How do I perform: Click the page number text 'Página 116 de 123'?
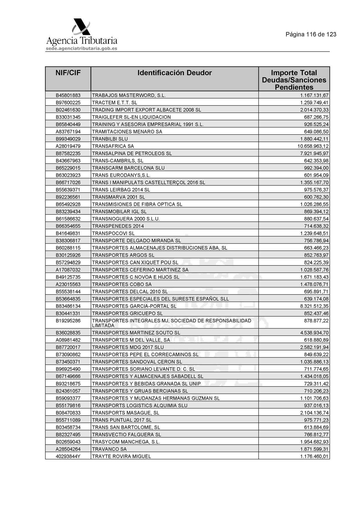coord(311,34)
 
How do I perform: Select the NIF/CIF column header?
coord(68,73)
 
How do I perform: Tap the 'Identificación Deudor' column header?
coord(174,73)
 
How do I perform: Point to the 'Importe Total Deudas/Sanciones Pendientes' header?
coord(294,80)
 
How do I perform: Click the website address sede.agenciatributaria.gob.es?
coord(82,49)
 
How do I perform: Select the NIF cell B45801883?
coord(68,95)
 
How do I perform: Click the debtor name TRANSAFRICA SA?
coord(113,146)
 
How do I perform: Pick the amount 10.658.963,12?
coord(313,146)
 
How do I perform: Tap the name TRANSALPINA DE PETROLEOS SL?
coord(132,153)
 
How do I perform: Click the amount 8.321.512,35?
coord(314,306)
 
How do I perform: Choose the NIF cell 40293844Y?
coord(68,456)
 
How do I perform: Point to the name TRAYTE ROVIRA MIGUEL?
coord(121,456)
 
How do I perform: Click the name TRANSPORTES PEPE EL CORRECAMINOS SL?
coord(145,355)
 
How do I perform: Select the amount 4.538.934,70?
coord(314,333)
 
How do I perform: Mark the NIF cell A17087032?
coord(68,270)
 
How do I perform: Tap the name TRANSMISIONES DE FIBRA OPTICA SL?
coord(137,204)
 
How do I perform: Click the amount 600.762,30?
coord(316,197)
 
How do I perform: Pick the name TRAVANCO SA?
coord(109,449)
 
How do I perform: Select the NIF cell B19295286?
coord(68,321)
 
